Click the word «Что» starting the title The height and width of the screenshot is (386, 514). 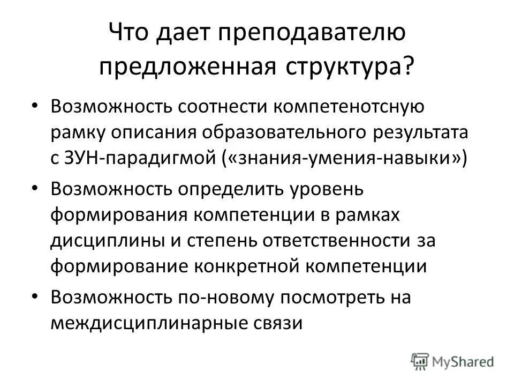coord(127,35)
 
